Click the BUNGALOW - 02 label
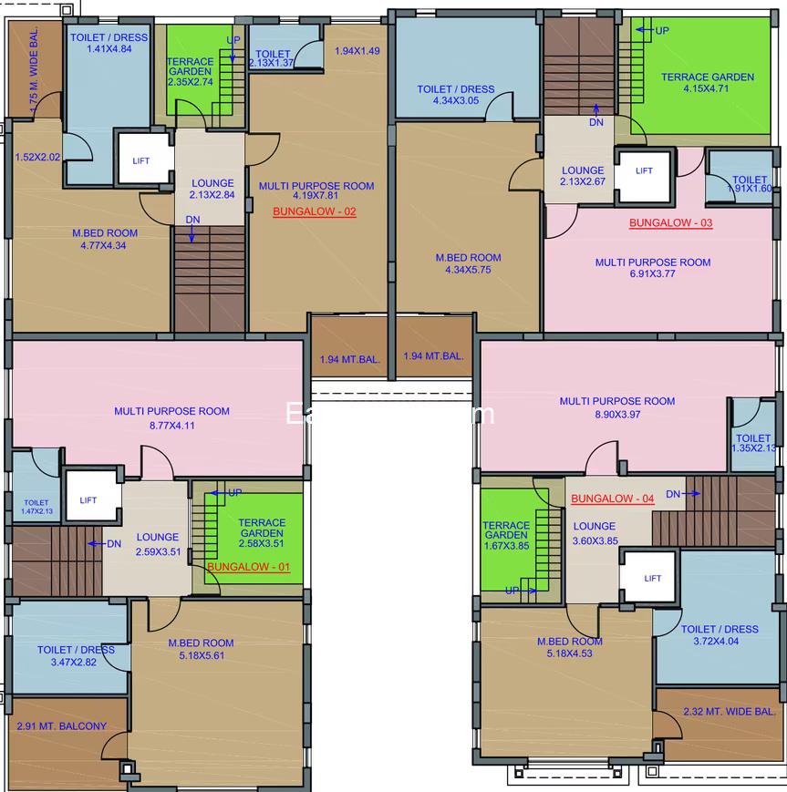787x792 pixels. point(315,211)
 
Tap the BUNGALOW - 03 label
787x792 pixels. point(670,223)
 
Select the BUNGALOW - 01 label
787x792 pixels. point(248,567)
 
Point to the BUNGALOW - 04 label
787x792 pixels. point(612,499)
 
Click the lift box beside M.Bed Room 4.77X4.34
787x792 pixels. point(141,160)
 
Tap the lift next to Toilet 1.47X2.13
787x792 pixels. point(88,499)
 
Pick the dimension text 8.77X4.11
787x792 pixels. point(171,425)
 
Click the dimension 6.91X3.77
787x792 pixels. point(653,275)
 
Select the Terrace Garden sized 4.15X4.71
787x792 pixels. point(707,83)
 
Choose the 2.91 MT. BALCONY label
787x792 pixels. point(61,726)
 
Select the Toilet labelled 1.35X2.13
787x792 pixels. point(753,443)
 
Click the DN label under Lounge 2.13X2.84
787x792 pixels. point(192,220)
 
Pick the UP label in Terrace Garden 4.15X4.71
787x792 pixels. point(661,31)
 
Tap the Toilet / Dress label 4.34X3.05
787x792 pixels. point(455,95)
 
